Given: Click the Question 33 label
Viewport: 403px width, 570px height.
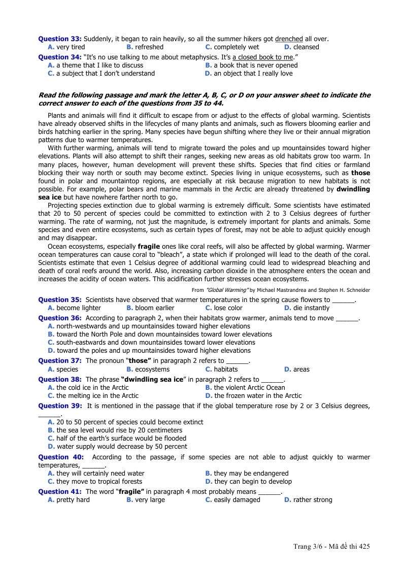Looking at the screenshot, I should pos(60,39).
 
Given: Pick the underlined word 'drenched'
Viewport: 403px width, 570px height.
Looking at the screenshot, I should pos(289,39).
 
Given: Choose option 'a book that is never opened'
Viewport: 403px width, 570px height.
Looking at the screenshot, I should pos(255,65).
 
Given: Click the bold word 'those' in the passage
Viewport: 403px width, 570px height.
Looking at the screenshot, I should pos(360,173).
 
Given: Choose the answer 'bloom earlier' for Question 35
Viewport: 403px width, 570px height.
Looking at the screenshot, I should pos(154,308).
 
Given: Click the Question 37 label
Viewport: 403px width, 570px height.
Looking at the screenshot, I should pos(60,360).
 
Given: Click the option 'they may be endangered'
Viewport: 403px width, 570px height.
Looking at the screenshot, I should pos(251,474).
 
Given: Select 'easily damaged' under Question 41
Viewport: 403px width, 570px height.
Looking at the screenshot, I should pos(237,500).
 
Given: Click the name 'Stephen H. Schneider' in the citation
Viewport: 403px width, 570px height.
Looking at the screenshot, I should pos(345,290).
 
